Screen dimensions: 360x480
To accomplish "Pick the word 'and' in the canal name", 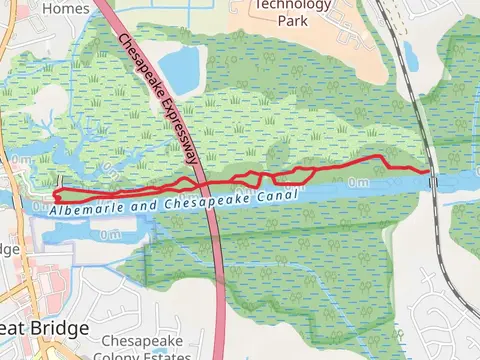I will [144, 204].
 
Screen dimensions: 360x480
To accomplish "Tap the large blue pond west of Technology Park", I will [180, 66].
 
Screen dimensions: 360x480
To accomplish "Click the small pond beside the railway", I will [411, 59].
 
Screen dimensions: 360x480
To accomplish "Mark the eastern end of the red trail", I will [432, 172].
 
